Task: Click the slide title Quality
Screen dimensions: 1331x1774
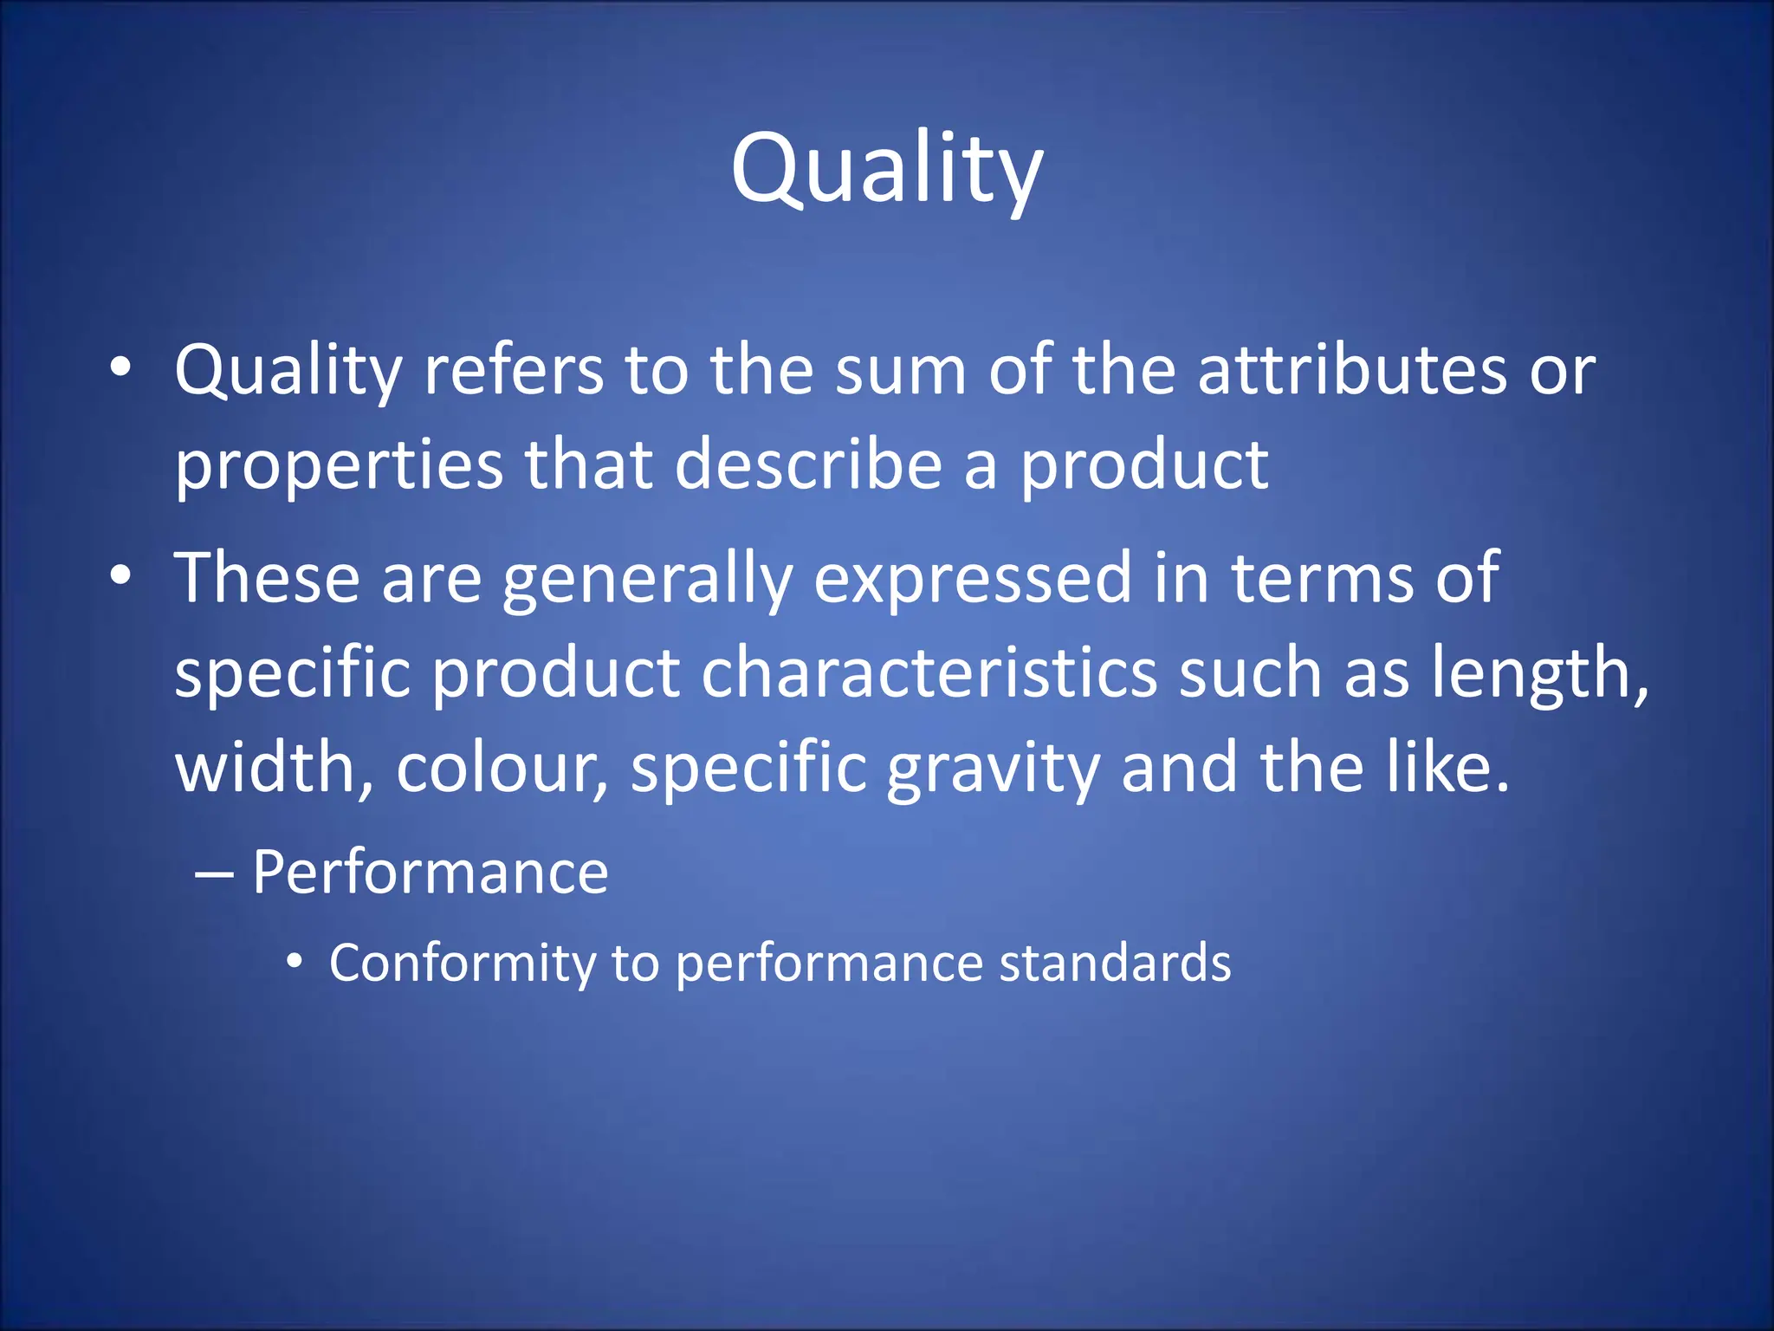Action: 886,169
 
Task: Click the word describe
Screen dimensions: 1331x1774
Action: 807,465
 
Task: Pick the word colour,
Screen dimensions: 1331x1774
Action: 502,769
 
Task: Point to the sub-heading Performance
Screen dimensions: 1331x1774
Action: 431,872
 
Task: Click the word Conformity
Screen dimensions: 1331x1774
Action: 463,964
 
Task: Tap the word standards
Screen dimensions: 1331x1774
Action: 1115,963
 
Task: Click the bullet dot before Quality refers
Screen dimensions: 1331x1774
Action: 120,367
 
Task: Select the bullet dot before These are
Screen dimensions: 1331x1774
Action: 120,575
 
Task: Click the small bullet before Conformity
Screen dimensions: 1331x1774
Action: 295,961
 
